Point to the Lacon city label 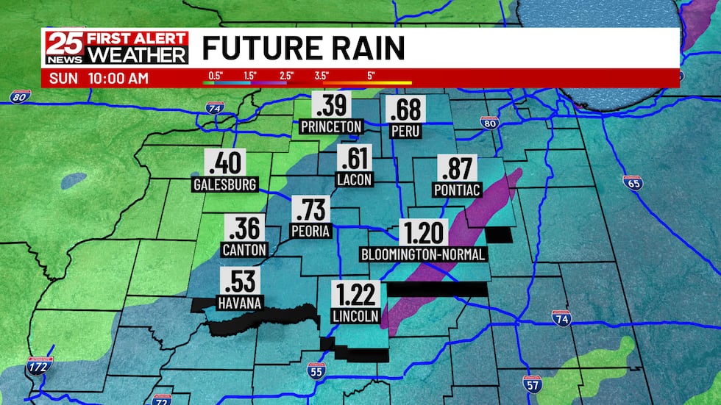click(355, 179)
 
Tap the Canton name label click(244, 249)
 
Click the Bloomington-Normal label click(423, 254)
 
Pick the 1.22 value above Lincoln click(355, 295)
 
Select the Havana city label click(240, 301)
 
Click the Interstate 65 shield click(633, 182)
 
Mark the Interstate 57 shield click(533, 383)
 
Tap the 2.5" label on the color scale click(286, 75)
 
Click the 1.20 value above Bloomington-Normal click(424, 233)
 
